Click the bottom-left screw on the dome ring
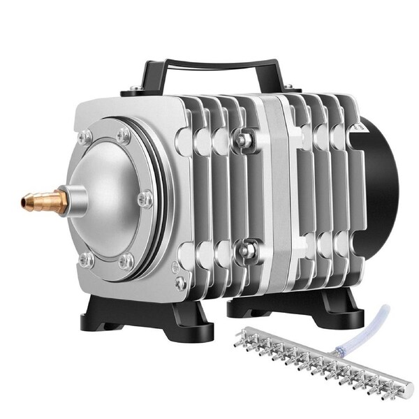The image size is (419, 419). tap(87, 260)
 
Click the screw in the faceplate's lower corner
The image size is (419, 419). tap(180, 283)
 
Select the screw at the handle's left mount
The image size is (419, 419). tap(133, 90)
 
